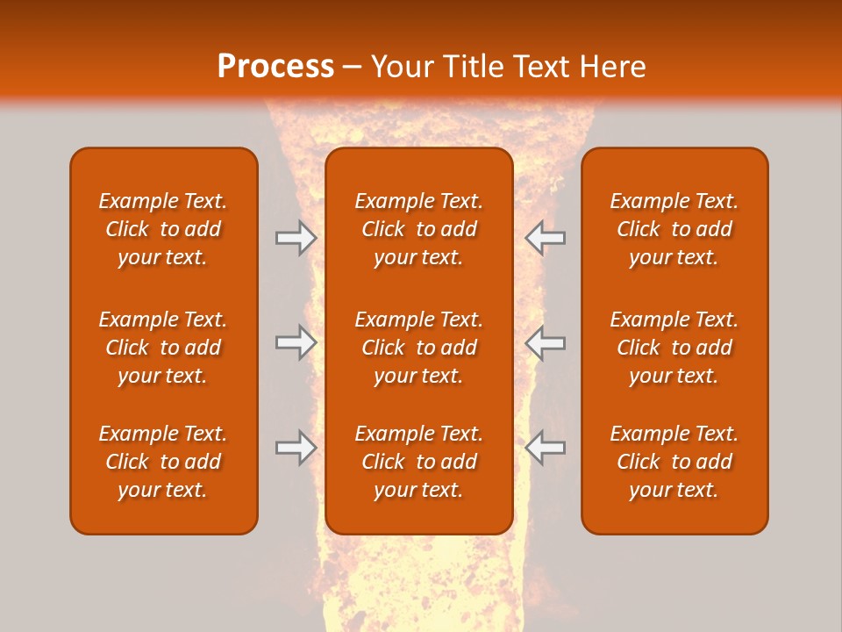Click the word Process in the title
click(275, 67)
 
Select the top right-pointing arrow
click(296, 238)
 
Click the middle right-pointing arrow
click(296, 343)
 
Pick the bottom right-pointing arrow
click(296, 448)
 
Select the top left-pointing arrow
click(545, 238)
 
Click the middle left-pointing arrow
click(545, 343)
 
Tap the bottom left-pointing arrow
click(545, 448)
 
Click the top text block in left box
click(163, 229)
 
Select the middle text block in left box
click(163, 348)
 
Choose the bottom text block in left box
click(163, 462)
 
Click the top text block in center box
click(418, 229)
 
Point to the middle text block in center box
click(418, 348)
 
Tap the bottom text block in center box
click(418, 462)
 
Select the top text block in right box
click(674, 229)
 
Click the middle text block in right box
click(674, 348)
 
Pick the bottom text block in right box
click(674, 462)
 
